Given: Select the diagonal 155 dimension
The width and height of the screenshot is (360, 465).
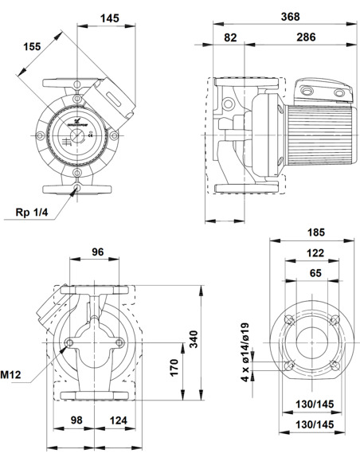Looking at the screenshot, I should (x=33, y=47).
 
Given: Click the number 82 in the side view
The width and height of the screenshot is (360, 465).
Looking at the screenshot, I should (x=230, y=37).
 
